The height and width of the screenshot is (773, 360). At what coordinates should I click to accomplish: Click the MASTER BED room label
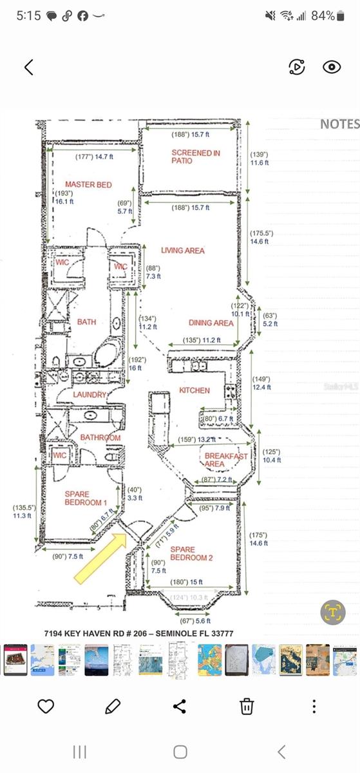pyautogui.click(x=88, y=185)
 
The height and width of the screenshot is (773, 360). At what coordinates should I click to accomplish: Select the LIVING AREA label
pyautogui.click(x=182, y=250)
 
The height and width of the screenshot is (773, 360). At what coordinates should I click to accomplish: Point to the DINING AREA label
pyautogui.click(x=211, y=323)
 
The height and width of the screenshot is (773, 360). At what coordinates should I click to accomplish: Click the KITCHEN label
pyautogui.click(x=194, y=390)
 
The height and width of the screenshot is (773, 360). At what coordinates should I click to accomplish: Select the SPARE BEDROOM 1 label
pyautogui.click(x=85, y=498)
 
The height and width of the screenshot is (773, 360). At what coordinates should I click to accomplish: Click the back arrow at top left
pyautogui.click(x=29, y=67)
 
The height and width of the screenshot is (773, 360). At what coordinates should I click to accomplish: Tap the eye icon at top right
pyautogui.click(x=332, y=67)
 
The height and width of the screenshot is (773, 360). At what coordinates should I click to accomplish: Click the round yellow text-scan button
pyautogui.click(x=333, y=612)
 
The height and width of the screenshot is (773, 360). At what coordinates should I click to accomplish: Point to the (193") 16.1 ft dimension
pyautogui.click(x=63, y=197)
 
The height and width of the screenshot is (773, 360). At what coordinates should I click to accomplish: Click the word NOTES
pyautogui.click(x=339, y=124)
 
